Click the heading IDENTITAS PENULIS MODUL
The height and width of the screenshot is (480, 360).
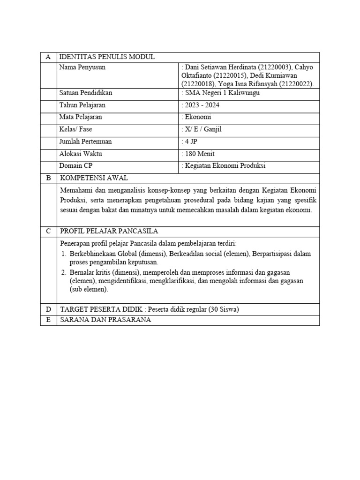[x=106, y=57]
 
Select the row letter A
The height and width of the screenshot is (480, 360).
[x=48, y=57]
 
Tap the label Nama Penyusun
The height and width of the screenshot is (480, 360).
[x=82, y=67]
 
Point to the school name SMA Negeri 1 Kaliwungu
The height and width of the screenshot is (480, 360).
[x=222, y=93]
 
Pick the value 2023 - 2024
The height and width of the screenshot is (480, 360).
[x=202, y=105]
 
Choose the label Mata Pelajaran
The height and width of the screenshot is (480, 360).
[x=81, y=117]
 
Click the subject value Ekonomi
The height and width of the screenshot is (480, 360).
[x=198, y=117]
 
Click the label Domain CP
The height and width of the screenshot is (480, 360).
[x=76, y=166]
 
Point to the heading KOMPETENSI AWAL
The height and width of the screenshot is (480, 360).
[x=94, y=178]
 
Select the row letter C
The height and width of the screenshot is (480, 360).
[x=48, y=232]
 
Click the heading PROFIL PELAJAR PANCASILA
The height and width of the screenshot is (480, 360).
[x=109, y=232]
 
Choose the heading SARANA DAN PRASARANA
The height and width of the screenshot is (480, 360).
[x=105, y=320]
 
